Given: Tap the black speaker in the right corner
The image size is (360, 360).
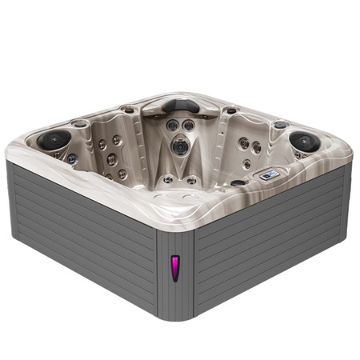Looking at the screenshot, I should [305, 142].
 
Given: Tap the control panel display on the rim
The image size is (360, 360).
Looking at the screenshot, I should [270, 174].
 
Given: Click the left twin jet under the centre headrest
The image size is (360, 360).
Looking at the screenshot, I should [172, 126].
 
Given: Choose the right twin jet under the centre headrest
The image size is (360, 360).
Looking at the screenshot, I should [188, 126].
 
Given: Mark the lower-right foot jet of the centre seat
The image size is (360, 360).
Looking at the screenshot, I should [192, 180].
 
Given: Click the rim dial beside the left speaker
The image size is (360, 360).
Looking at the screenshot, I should [80, 124].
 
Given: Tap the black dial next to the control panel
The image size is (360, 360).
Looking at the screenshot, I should [238, 182].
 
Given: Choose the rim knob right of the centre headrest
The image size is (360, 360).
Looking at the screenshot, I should [230, 110].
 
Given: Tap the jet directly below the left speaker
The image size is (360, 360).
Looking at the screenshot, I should [72, 158].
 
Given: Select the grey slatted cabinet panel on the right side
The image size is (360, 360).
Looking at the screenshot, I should [272, 240].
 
